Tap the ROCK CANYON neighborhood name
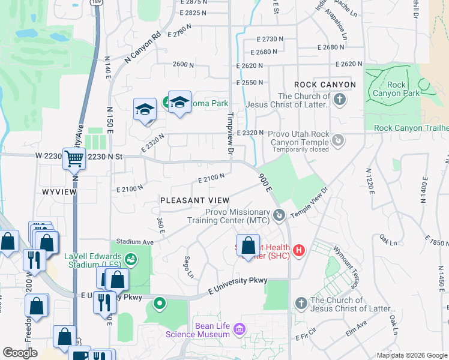[325, 85]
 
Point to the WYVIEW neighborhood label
[59, 191]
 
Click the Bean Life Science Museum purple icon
[239, 329]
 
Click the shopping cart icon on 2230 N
[74, 160]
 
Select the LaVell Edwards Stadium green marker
[131, 259]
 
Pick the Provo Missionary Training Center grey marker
[278, 215]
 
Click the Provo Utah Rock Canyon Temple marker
[339, 140]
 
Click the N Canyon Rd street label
[143, 46]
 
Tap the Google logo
[20, 353]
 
